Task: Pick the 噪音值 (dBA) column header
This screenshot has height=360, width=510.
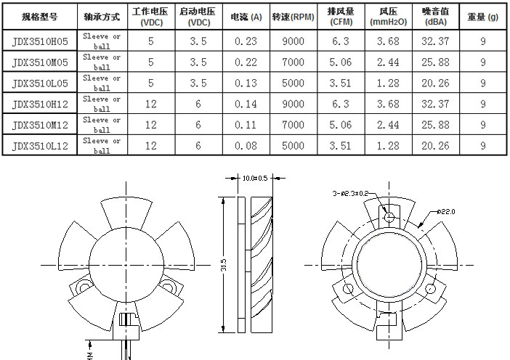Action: pyautogui.click(x=435, y=17)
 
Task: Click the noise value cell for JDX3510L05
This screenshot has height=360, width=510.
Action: pyautogui.click(x=435, y=83)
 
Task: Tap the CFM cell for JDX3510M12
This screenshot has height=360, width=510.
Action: pyautogui.click(x=340, y=124)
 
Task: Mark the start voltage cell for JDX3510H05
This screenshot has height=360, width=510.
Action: pyautogui.click(x=198, y=41)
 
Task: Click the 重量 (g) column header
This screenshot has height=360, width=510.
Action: pyautogui.click(x=483, y=17)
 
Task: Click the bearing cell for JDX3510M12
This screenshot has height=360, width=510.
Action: pyautogui.click(x=102, y=124)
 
